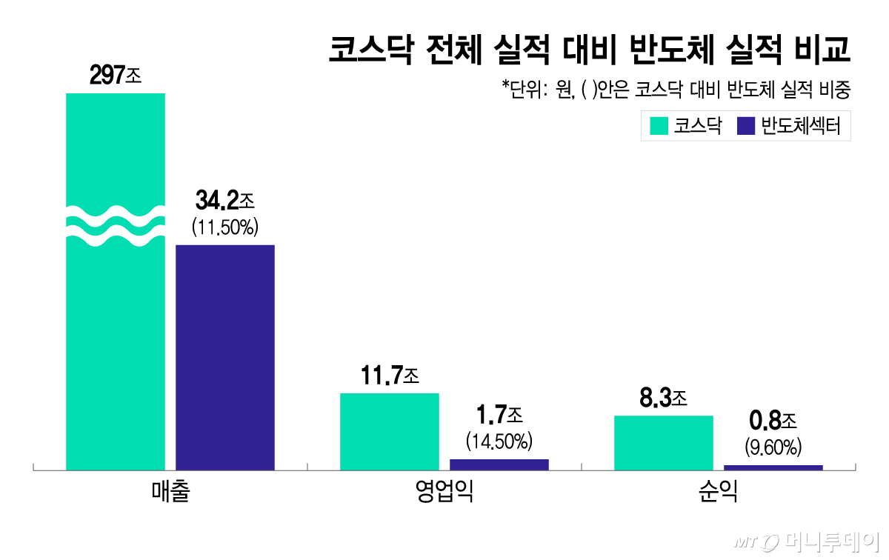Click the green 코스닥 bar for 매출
(x=116, y=333)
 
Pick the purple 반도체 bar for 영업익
(x=499, y=464)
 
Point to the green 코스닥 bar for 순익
(x=663, y=442)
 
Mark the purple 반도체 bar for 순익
(x=773, y=467)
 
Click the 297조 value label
(x=115, y=75)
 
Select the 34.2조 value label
(x=224, y=200)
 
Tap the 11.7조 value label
(x=390, y=376)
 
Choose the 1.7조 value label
(x=499, y=415)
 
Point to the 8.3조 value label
(x=663, y=399)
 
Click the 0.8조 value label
(x=773, y=422)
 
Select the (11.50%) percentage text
(x=224, y=227)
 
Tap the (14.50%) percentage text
(x=499, y=442)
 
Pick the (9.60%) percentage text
(x=773, y=447)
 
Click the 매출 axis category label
(x=170, y=493)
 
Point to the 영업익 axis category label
(x=444, y=493)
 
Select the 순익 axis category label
(x=718, y=493)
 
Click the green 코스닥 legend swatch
(x=659, y=126)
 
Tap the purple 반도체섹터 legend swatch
(x=746, y=126)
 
